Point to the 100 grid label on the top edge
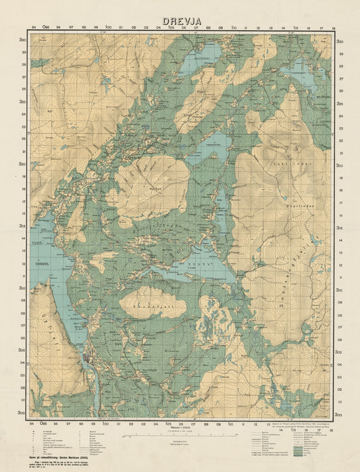point(107,28)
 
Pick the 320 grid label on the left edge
point(24,164)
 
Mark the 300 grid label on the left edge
point(24,412)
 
